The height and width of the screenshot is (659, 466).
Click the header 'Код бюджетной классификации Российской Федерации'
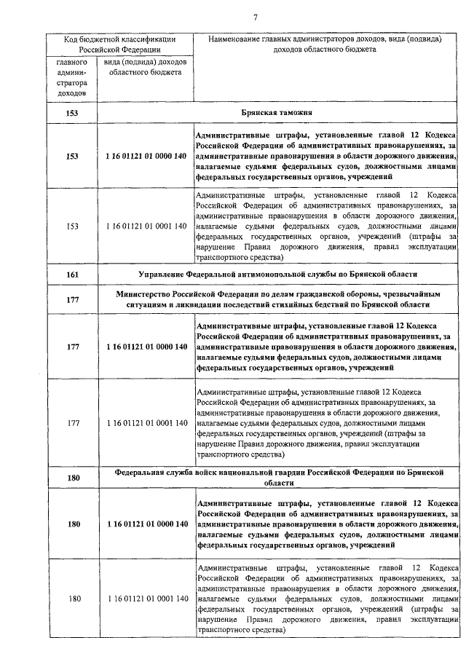coord(121,44)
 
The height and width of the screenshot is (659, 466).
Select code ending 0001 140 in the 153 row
coord(146,226)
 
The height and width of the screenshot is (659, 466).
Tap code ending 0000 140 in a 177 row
coord(146,347)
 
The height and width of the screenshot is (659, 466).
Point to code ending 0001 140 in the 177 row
coord(146,423)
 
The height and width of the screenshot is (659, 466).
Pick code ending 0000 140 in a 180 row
coord(146,524)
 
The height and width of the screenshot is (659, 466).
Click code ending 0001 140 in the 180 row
coord(146,599)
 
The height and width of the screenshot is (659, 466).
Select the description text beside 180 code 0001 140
coord(327,599)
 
